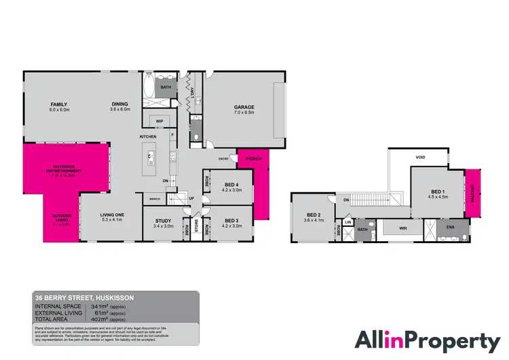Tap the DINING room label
pyautogui.click(x=119, y=104)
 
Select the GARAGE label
pyautogui.click(x=244, y=107)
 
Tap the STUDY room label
pyautogui.click(x=164, y=221)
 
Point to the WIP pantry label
pyautogui.click(x=160, y=121)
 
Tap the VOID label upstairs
pyautogui.click(x=420, y=158)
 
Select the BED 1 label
pyautogui.click(x=437, y=192)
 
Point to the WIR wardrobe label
pyautogui.click(x=402, y=228)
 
